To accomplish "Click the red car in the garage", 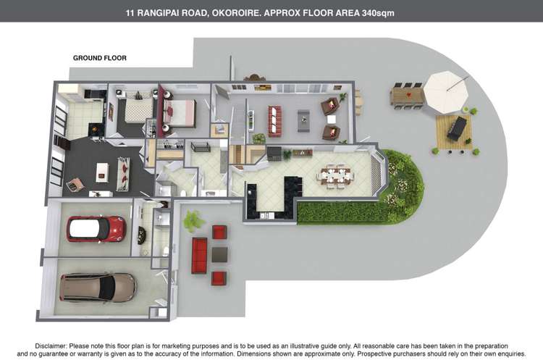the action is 96,229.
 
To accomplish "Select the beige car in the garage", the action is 98,288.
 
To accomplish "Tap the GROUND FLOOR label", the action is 100,58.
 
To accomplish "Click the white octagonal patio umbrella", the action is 446,92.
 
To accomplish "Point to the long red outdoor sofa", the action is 199,256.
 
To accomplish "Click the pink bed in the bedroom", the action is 180,112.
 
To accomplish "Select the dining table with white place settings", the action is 335,176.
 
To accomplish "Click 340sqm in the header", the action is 378,13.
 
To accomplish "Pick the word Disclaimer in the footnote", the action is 51,346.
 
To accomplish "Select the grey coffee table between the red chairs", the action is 219,254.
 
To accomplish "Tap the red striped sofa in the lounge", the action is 274,121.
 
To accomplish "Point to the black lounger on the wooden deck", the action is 457,128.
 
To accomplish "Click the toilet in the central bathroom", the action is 183,192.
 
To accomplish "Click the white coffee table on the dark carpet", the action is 102,172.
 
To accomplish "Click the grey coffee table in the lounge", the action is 303,120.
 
